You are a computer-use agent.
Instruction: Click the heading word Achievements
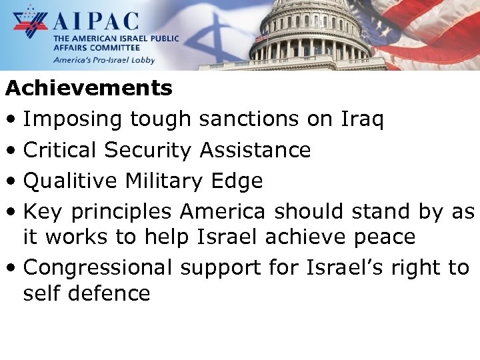pos(89,88)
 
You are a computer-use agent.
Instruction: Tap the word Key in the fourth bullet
pos(42,211)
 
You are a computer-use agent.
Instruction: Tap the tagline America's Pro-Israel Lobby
pos(105,59)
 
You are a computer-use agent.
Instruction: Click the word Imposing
pos(73,119)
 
